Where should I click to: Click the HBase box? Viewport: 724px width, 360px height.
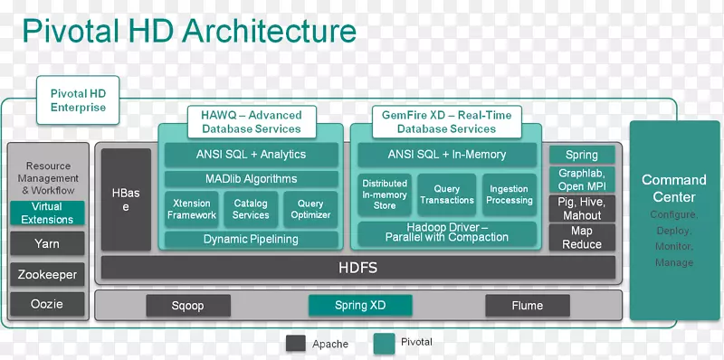coord(126,200)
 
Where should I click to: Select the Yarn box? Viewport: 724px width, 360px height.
coord(46,243)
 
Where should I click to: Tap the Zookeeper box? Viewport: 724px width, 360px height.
coord(46,274)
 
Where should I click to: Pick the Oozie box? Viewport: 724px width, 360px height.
coord(46,304)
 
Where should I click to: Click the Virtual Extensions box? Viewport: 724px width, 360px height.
coord(46,213)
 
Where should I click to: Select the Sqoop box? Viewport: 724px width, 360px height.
coord(187,306)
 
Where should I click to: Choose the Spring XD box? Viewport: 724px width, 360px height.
coord(359,306)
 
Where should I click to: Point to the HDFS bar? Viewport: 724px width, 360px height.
coord(357,268)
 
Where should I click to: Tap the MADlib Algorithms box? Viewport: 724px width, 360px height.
coord(251,179)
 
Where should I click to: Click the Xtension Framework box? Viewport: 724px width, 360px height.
coord(191,209)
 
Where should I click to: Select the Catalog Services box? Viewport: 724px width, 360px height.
coord(251,209)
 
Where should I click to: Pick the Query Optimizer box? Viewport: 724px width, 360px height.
coord(310,209)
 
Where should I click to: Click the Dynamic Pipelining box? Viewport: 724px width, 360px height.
coord(251,240)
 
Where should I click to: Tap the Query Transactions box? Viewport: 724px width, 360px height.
coord(447,194)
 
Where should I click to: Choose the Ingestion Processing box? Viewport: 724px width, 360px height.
coord(510,194)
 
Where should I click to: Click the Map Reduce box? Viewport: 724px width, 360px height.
coord(582,238)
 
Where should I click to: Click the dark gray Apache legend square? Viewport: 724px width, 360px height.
coord(295,344)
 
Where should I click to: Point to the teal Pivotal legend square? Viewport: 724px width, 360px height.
coord(383,343)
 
